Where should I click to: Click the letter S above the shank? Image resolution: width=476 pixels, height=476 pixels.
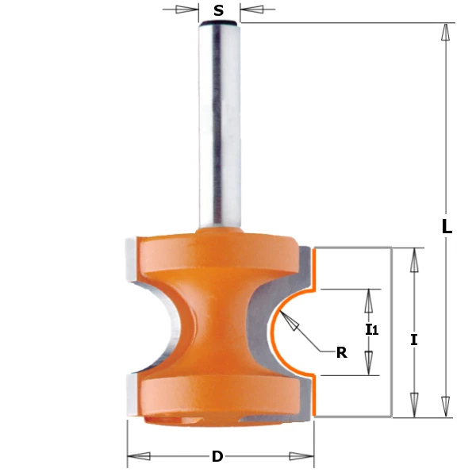(218, 12)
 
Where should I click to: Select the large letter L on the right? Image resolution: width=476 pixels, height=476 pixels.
(447, 226)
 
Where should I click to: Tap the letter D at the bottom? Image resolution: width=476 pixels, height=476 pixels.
(217, 457)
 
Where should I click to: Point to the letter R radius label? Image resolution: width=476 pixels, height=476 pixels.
(341, 353)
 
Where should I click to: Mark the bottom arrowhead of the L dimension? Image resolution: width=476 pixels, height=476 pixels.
(446, 407)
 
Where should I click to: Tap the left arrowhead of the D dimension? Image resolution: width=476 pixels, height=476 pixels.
(140, 456)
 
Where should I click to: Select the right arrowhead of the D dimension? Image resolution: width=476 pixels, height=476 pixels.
(301, 456)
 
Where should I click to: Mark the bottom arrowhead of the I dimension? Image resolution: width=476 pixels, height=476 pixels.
(413, 405)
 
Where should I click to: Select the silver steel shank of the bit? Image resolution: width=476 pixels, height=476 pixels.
(218, 127)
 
